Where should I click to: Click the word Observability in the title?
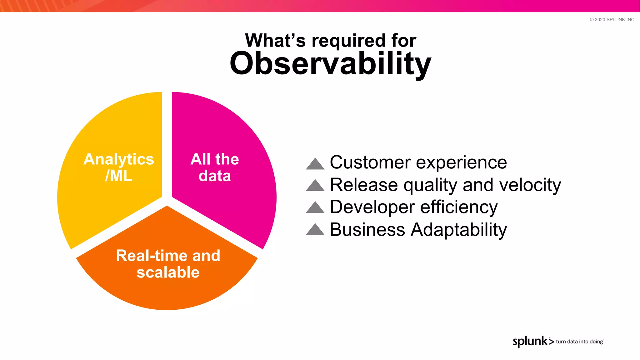[x=330, y=63]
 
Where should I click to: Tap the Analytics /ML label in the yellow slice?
[x=119, y=167]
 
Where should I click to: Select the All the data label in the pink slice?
[x=215, y=167]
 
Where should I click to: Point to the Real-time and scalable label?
[x=168, y=264]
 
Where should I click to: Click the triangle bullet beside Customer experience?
[x=315, y=164]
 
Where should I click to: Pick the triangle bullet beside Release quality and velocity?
[x=315, y=186]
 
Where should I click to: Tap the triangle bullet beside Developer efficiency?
[x=315, y=207]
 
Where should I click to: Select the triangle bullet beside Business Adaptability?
[x=315, y=230]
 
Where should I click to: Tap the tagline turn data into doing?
[x=579, y=342]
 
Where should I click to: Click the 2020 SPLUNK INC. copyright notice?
[x=612, y=20]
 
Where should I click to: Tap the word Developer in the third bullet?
[x=372, y=207]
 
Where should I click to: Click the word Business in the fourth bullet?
[x=367, y=230]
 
